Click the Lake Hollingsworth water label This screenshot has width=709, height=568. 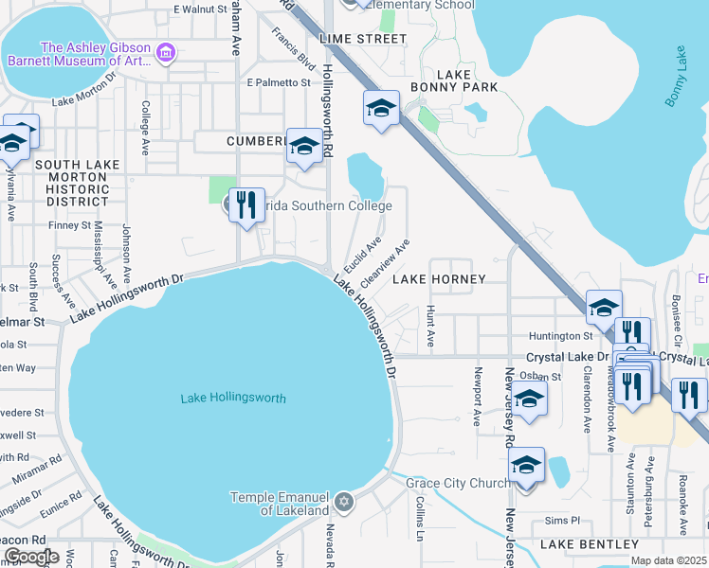coord(233,399)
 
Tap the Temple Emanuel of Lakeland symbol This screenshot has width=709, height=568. coord(345,500)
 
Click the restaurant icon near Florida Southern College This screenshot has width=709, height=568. coord(246,204)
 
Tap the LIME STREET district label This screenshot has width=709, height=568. coord(363,39)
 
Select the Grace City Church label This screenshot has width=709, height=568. coord(458,483)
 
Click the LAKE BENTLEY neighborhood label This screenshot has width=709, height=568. coord(590,544)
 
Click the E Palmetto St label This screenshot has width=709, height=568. coord(279,83)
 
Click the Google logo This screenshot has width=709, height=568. coord(32,557)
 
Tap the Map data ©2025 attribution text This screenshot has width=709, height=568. coord(668,560)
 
